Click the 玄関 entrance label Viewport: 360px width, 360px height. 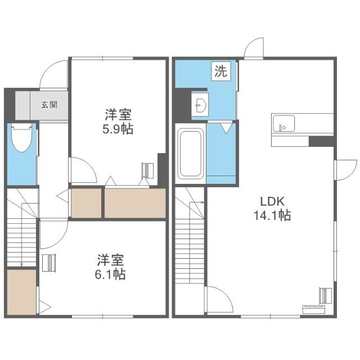(49, 105)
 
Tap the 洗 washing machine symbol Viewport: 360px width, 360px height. (221, 71)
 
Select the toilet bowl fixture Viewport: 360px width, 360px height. (21, 138)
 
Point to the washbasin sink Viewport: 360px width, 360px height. (200, 105)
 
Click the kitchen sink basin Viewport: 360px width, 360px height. (283, 124)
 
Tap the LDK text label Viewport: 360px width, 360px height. (272, 201)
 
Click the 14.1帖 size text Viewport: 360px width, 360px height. (272, 215)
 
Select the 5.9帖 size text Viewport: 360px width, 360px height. (118, 129)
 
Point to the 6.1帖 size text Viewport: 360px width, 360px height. (110, 274)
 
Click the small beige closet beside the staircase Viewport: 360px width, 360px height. (21, 292)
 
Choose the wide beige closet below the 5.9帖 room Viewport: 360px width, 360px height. (135, 203)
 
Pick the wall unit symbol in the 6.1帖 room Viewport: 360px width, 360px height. (49, 263)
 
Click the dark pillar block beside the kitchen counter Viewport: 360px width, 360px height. (321, 141)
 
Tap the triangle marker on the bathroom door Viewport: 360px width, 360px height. (226, 128)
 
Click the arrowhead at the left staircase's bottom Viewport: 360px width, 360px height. (21, 265)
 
